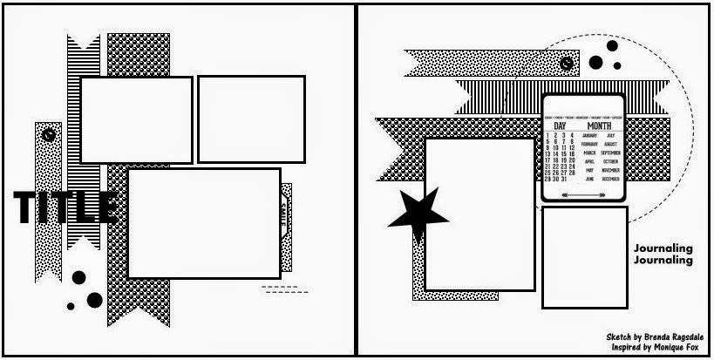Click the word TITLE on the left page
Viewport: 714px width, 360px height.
pos(65,207)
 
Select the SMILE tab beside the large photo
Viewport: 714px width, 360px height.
pos(287,211)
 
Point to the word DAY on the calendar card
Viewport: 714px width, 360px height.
pos(560,126)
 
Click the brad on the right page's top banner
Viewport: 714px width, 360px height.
pos(568,63)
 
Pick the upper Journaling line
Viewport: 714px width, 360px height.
pos(664,248)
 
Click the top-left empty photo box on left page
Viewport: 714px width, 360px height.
pos(136,120)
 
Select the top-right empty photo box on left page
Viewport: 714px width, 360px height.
pos(251,119)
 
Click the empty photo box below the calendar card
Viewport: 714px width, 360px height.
pos(584,257)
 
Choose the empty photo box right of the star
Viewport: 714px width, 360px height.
pos(480,214)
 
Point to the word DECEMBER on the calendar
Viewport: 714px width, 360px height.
pos(610,179)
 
